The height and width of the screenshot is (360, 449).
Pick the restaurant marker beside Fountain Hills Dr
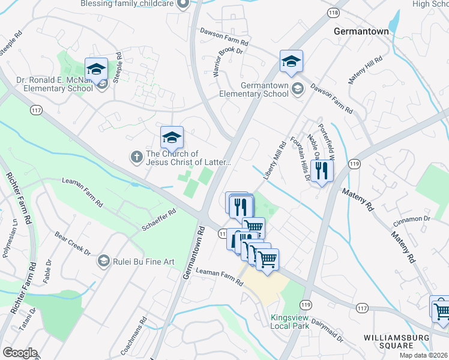[322, 171]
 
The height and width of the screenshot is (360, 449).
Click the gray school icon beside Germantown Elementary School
[297, 89]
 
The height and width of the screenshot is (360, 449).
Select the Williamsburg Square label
[396, 341]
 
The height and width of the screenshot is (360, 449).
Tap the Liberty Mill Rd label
[274, 160]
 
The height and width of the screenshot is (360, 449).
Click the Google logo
[20, 353]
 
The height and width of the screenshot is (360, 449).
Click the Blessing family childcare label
[129, 4]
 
